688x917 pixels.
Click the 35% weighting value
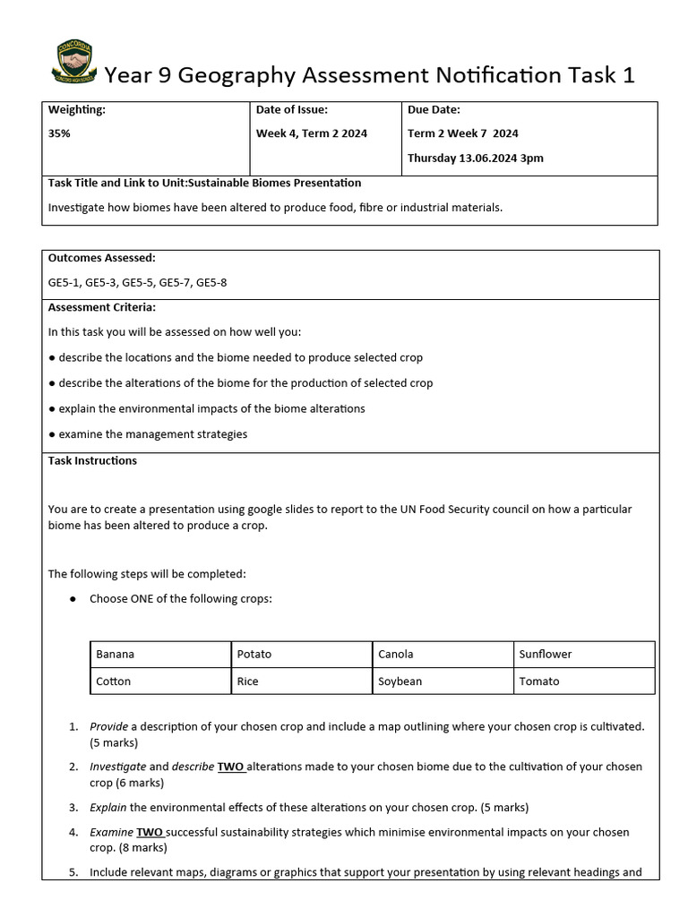pyautogui.click(x=59, y=133)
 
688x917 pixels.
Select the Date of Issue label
pyautogui.click(x=292, y=109)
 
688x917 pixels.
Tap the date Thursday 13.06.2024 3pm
pyautogui.click(x=475, y=158)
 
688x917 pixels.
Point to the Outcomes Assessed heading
pyautogui.click(x=101, y=257)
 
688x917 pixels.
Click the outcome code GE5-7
pyautogui.click(x=176, y=282)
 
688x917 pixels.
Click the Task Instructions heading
pyautogui.click(x=92, y=460)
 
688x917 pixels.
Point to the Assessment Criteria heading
pyautogui.click(x=101, y=306)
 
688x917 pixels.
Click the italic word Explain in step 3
pyautogui.click(x=108, y=806)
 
